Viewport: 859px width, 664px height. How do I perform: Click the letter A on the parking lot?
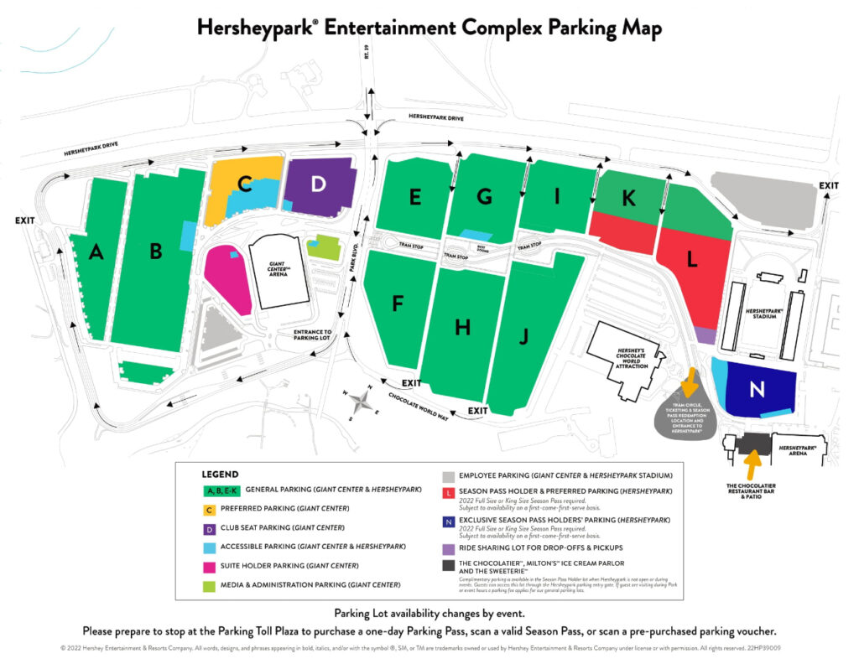96,252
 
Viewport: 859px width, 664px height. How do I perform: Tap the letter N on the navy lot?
757,389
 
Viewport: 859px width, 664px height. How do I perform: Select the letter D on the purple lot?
317,183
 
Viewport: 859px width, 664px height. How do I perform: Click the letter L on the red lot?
692,260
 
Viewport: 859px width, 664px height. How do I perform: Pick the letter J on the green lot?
523,336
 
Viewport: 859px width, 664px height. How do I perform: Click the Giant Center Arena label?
276,270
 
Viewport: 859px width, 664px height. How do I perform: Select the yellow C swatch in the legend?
210,509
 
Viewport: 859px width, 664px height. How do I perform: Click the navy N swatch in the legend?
450,521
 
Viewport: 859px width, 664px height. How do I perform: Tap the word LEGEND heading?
221,475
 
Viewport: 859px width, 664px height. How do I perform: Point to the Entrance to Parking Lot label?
313,336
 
